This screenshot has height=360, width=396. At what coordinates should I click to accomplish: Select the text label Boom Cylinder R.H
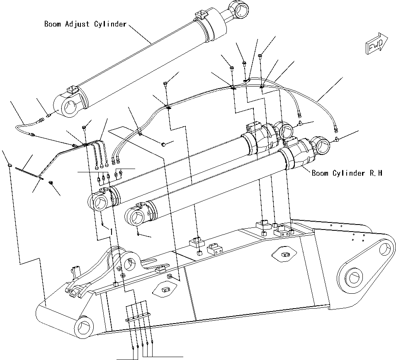pyautogui.click(x=347, y=173)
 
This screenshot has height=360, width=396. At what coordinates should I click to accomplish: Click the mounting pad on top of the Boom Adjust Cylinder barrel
pyautogui.click(x=72, y=90)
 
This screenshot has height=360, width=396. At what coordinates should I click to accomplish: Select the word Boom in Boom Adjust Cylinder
pyautogui.click(x=53, y=24)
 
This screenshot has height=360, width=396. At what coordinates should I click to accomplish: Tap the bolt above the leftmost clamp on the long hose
pyautogui.click(x=165, y=84)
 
